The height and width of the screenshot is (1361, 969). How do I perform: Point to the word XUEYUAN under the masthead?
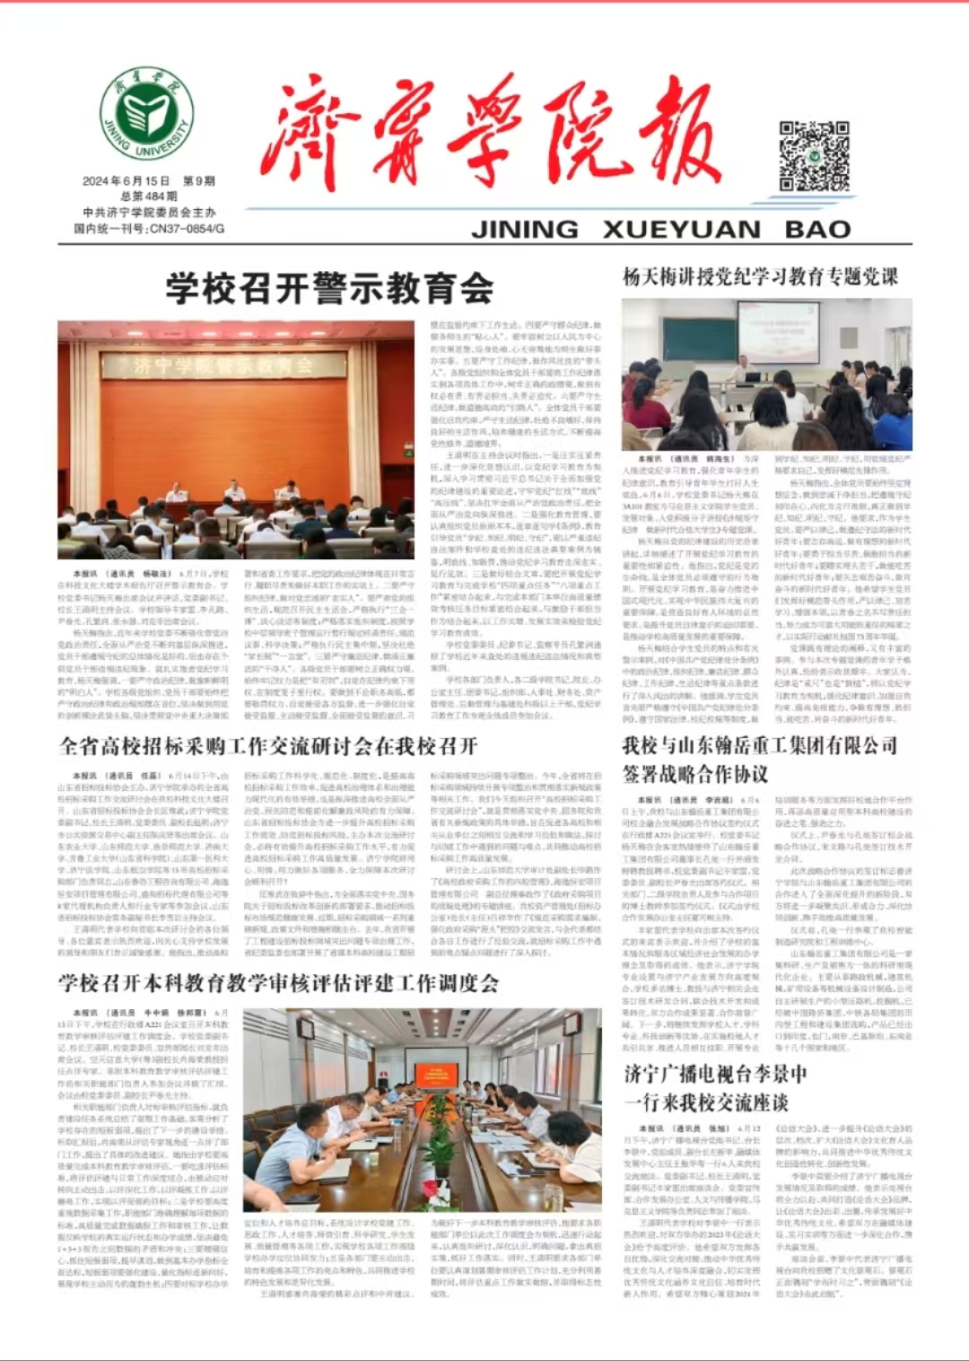[682, 230]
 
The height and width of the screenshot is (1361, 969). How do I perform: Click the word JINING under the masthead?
[525, 230]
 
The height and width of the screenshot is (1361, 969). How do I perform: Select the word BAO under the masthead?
[817, 230]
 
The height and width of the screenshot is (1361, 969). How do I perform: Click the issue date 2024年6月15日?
[127, 180]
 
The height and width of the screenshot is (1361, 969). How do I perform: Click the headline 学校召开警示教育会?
[329, 289]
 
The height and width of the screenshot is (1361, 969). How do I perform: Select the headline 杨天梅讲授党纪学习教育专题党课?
[760, 277]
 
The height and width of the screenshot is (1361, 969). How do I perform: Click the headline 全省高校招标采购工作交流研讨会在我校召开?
[268, 746]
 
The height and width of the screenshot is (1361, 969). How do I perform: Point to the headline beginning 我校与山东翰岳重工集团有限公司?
[760, 746]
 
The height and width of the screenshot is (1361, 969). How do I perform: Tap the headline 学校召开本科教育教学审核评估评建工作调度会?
[279, 983]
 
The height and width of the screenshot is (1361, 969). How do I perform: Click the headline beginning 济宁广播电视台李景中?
[716, 1074]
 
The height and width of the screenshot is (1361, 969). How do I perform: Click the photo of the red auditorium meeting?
[236, 440]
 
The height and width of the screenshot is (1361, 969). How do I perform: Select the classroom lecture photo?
[767, 375]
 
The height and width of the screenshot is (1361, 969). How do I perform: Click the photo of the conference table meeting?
[423, 1110]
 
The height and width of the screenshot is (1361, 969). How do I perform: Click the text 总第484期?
[149, 196]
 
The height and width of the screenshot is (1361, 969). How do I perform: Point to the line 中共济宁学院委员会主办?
[149, 213]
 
